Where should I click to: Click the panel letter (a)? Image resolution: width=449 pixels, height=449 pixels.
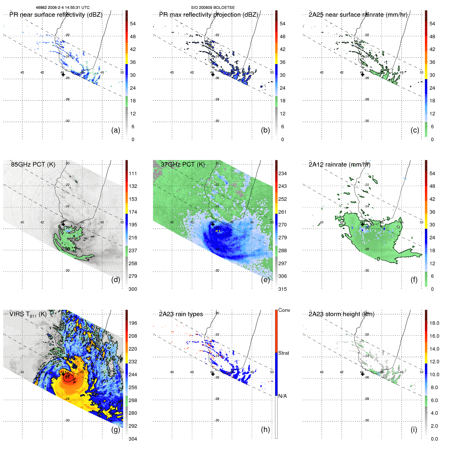[x=115, y=130]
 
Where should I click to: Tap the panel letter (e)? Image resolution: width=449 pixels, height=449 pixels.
[x=265, y=280]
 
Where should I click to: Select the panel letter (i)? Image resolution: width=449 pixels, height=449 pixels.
[x=414, y=429]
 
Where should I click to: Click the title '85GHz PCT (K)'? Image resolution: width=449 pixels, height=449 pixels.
[x=33, y=164]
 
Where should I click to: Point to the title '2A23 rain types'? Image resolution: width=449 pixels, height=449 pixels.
[x=181, y=314]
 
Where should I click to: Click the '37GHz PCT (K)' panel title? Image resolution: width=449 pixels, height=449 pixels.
[x=183, y=164]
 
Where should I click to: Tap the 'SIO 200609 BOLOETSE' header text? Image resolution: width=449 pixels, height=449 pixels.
[x=213, y=8]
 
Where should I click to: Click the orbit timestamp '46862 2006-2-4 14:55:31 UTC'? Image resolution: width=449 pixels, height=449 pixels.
[x=63, y=8]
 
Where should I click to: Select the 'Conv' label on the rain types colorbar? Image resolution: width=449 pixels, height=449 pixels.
[x=284, y=310]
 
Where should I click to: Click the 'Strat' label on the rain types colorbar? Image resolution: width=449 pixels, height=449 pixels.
[x=283, y=353]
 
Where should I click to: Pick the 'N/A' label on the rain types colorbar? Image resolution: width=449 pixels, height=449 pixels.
[x=282, y=396]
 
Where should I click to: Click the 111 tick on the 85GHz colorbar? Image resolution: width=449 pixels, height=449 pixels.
[x=133, y=173]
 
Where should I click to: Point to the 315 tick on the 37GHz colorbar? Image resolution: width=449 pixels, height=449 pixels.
[x=282, y=289]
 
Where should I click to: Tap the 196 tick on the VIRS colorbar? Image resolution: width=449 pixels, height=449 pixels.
[x=133, y=323]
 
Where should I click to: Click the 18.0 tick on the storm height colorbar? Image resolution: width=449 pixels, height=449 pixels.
[x=434, y=323]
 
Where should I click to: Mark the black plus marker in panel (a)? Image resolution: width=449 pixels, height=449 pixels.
[x=63, y=75]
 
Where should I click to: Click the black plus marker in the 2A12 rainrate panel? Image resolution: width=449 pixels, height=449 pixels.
[x=363, y=224]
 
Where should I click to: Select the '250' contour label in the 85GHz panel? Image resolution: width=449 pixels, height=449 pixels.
[x=66, y=249]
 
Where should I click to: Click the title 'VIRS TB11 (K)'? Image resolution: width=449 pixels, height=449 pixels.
[x=28, y=314]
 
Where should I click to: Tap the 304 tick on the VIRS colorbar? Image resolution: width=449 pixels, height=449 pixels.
[x=133, y=439]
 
